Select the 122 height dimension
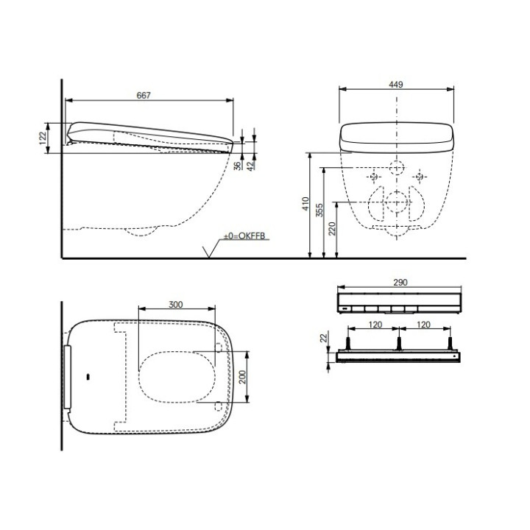coord(43,137)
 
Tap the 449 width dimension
coord(396,85)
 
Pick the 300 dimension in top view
coord(175,303)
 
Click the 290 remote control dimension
coord(400,283)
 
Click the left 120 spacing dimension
coord(374,323)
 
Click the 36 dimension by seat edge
coord(237,166)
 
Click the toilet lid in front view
coord(396,137)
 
